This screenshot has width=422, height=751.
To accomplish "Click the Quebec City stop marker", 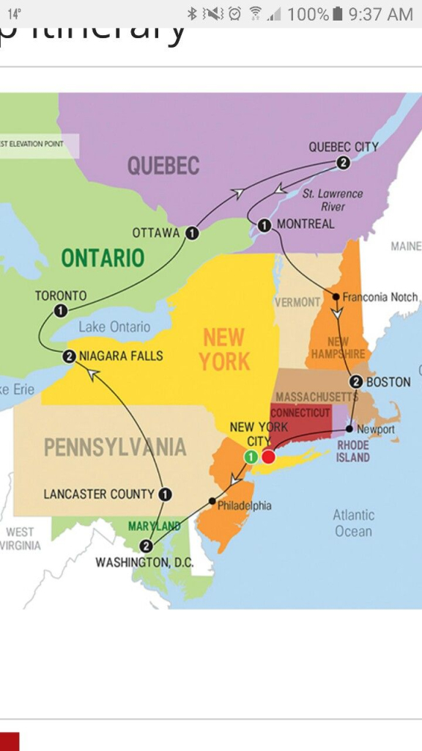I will coord(342,163).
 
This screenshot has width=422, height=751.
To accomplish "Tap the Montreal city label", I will coord(306,224).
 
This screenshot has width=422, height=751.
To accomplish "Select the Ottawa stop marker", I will coord(192,233).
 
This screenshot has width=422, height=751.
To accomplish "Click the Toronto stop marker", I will coord(61,311).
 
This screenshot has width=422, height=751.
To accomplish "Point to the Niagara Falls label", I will coord(121,356).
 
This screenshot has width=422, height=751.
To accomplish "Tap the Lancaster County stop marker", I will coord(165,494).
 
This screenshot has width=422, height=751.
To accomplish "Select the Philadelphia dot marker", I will coord(212,501).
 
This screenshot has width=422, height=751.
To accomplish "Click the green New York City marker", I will coord(251,457).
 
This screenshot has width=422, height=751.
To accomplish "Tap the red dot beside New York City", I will coord(269,457).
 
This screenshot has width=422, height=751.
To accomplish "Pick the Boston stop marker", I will coord(356,381).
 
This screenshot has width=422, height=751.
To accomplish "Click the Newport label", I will coord(376,429).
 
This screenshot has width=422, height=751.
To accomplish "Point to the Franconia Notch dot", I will coord(336,297).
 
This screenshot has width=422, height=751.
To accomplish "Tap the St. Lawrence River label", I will coord(333,199).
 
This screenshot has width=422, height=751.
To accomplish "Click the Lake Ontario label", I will coord(114,327).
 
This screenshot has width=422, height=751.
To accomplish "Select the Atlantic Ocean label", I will coord(354,523).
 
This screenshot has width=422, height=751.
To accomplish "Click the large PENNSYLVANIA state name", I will coord(115,447).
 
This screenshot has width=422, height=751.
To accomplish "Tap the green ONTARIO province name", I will coord(103,257).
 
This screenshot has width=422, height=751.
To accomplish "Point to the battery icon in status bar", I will coord(338,14).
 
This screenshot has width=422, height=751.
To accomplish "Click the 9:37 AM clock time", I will coord(382,14).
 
